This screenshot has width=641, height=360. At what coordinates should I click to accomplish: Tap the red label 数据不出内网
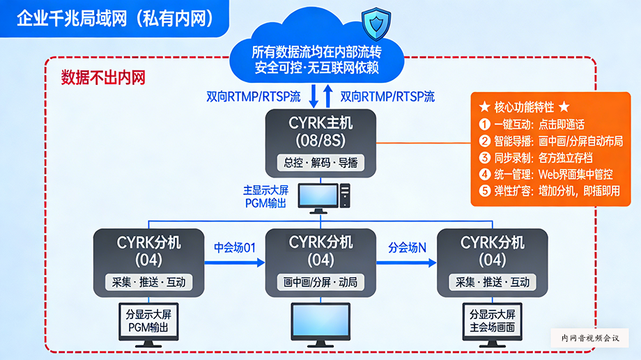coord(103,77)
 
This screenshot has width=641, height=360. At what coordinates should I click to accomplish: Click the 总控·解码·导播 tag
coord(320,163)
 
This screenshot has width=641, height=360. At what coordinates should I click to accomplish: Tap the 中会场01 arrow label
coord(235,247)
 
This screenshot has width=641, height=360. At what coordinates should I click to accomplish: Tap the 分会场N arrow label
coord(407,247)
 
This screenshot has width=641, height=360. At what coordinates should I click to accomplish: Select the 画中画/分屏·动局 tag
coord(320,282)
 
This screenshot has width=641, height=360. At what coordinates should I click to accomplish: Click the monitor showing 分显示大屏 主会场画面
coord(493,321)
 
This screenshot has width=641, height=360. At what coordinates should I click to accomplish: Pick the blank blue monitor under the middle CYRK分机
coord(320,321)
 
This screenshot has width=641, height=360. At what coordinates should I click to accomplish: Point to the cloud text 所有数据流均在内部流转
coord(317,52)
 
